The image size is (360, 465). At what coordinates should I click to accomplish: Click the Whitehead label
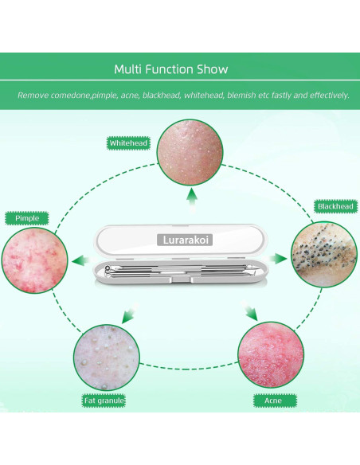[128, 143]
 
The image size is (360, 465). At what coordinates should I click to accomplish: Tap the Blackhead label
[335, 206]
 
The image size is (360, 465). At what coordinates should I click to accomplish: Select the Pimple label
[27, 218]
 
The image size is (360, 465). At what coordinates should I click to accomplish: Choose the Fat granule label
[104, 401]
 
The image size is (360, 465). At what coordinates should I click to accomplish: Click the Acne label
[273, 401]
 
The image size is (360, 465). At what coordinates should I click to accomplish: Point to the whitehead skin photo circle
[190, 152]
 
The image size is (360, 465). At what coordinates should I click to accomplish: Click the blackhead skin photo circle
[324, 254]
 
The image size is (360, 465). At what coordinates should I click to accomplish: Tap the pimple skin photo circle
[35, 260]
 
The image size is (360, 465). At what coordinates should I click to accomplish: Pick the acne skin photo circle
[271, 354]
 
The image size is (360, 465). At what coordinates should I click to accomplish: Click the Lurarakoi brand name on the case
[185, 240]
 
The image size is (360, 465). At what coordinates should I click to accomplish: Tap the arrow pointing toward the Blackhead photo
[277, 258]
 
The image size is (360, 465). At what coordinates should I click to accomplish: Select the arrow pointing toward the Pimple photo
[81, 261]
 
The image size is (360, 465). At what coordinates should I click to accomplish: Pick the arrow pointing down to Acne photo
[249, 312]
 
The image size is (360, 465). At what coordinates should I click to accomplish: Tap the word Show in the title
[213, 69]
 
